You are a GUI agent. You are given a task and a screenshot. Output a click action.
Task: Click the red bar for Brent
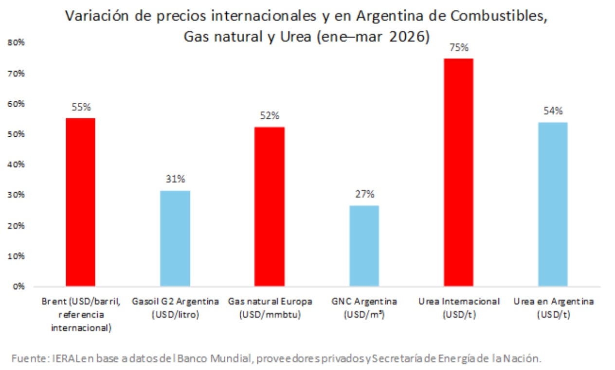click(80, 202)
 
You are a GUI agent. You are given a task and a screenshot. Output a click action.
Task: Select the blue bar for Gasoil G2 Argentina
click(175, 238)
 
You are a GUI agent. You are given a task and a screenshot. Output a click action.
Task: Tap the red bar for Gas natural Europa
click(270, 206)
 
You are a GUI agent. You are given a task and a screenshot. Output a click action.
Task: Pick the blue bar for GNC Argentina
click(364, 245)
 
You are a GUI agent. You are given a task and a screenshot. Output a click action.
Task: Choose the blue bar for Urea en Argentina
click(553, 204)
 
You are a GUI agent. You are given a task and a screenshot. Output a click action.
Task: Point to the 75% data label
click(458, 48)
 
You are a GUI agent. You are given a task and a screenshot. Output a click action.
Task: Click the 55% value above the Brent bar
click(81, 107)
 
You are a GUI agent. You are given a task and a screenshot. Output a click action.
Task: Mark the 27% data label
click(364, 194)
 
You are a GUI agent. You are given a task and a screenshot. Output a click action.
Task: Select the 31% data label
click(175, 179)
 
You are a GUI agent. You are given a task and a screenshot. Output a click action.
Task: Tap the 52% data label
click(270, 116)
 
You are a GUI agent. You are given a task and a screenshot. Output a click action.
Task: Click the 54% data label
click(553, 111)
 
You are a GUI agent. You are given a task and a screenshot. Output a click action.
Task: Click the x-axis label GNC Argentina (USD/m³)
click(364, 308)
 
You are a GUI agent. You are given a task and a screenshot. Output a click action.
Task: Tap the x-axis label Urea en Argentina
click(553, 308)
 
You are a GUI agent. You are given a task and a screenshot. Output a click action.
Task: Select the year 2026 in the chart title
click(409, 37)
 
